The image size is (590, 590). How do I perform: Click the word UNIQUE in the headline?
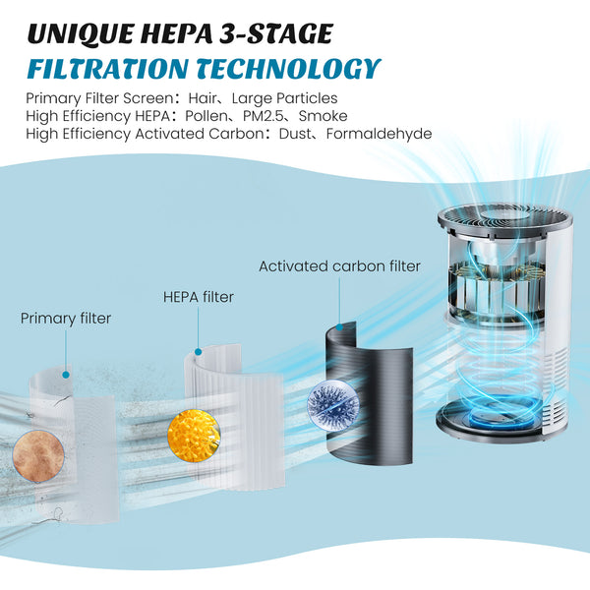(x=82, y=33)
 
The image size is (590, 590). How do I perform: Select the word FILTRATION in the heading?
(x=107, y=69)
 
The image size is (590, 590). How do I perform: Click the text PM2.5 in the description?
(x=263, y=116)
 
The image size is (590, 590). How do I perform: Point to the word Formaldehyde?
(x=379, y=134)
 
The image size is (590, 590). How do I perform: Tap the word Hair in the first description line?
(x=203, y=98)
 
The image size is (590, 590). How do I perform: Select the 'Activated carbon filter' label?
(x=339, y=266)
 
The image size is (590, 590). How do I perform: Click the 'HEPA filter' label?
(x=199, y=297)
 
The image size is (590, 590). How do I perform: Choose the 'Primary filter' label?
(x=66, y=319)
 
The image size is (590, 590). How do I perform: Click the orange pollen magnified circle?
(x=194, y=436)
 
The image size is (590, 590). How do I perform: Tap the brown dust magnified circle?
(x=38, y=456)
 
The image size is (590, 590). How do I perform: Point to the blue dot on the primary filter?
(x=66, y=375)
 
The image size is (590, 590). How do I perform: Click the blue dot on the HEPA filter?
(x=199, y=352)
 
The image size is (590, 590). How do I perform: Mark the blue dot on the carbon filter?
(x=339, y=327)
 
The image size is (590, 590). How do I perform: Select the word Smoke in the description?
(x=323, y=116)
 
